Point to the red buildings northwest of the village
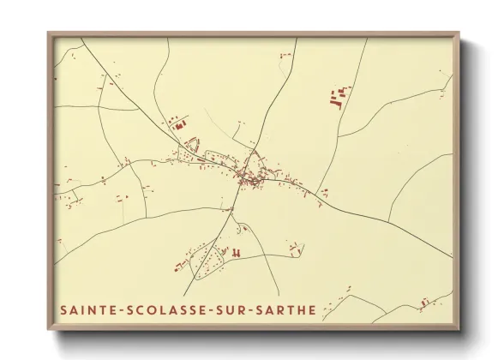pos(181,125)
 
